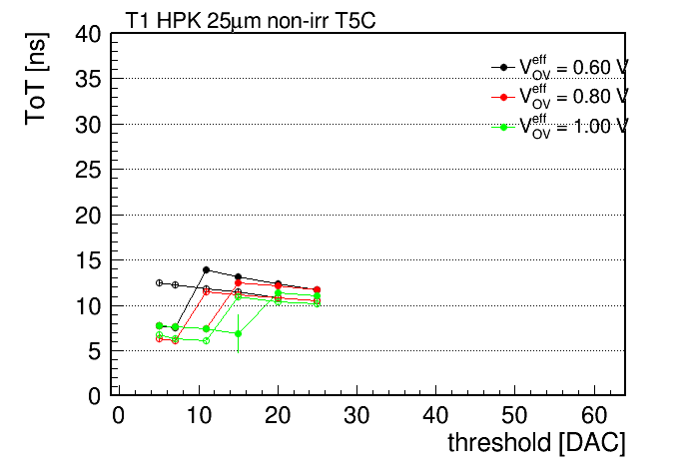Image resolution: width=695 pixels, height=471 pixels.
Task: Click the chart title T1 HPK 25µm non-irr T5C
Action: tap(251, 21)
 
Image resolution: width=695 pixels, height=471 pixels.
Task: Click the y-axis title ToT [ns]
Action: tap(36, 79)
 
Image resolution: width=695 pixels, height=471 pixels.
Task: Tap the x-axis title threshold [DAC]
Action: tap(536, 443)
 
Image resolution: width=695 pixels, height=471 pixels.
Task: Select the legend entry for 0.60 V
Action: tap(560, 67)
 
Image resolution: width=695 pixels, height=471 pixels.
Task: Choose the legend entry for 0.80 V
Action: tap(560, 97)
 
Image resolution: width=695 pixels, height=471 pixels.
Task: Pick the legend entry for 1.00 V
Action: tap(560, 127)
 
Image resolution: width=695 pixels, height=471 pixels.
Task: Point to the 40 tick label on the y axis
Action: tap(88, 34)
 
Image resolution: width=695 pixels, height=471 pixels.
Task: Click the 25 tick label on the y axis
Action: tap(88, 170)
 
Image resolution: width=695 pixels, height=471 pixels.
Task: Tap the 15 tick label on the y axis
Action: tap(88, 260)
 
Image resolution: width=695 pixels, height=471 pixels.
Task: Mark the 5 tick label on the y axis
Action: tap(95, 351)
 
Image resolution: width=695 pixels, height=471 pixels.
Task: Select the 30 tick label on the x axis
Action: tap(356, 415)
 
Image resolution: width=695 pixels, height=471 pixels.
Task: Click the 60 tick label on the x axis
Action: tap(594, 415)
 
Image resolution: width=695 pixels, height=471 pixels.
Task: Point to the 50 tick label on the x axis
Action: tap(514, 415)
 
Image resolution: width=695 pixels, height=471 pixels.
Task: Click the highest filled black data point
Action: tap(206, 269)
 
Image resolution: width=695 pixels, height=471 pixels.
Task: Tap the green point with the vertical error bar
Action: tap(238, 333)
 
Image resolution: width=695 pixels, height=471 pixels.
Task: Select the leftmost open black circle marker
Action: tap(159, 282)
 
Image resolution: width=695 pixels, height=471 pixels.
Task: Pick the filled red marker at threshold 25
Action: tap(317, 289)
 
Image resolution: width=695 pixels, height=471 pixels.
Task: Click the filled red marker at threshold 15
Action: tap(238, 282)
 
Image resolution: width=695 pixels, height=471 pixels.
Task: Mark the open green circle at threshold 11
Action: tap(206, 340)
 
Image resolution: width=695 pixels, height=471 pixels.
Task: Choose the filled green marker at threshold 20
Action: tap(278, 293)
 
